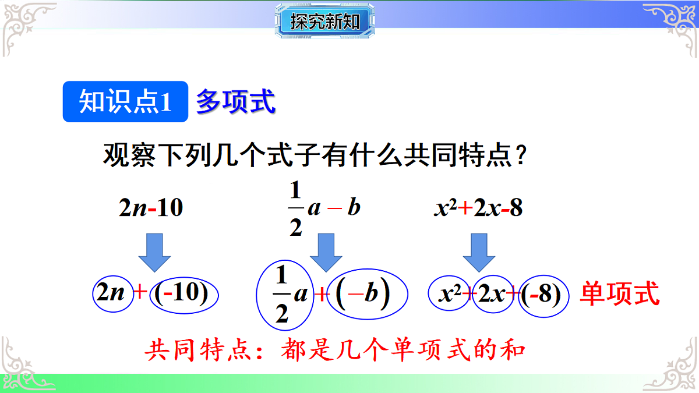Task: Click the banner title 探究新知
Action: point(324,23)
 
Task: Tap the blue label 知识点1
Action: point(125,102)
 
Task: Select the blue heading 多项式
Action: point(235,102)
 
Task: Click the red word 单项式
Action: point(620,294)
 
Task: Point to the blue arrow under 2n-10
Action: point(154,253)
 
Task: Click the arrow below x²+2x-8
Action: point(479,253)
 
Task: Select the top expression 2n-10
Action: point(151,208)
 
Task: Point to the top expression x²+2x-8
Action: point(478,208)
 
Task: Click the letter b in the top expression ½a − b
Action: point(354,207)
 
